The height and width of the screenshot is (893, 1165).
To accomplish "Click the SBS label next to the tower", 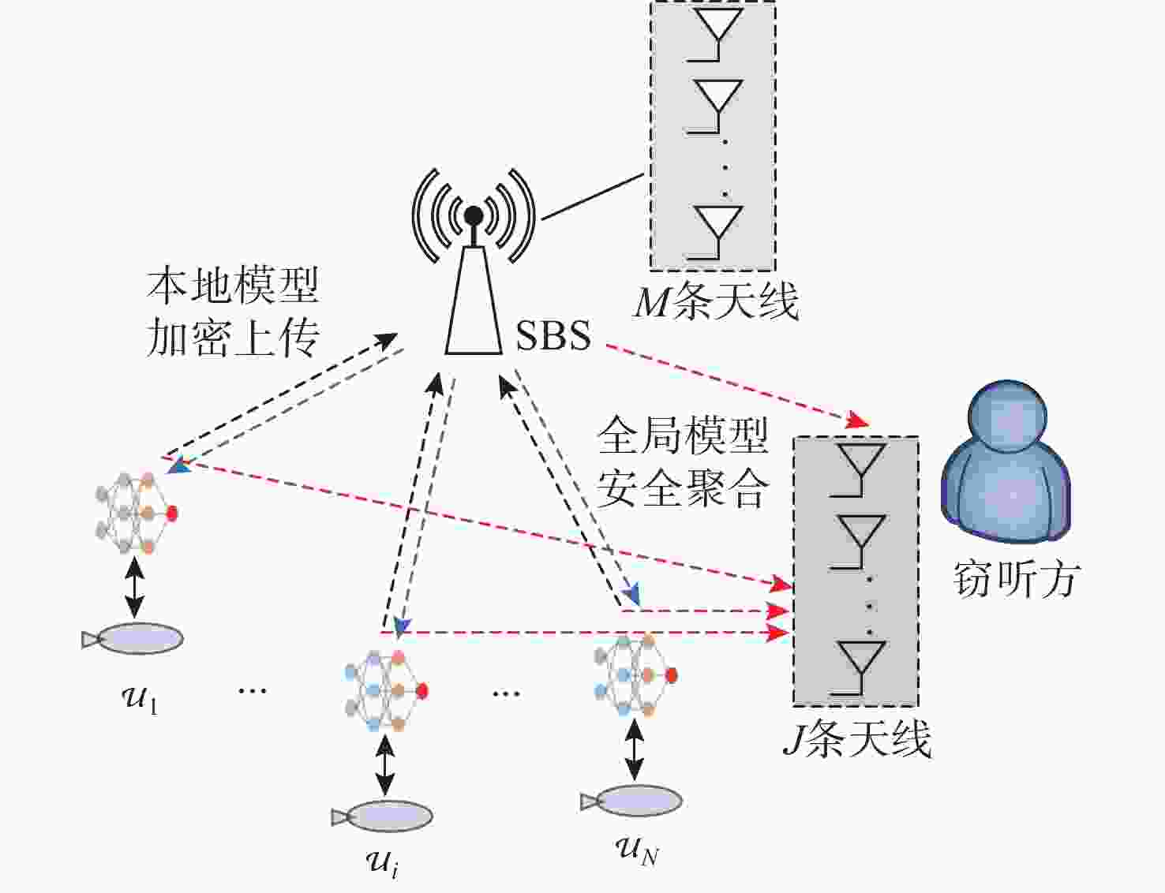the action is [x=553, y=335].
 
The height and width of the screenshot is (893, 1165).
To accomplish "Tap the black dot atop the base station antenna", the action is [x=474, y=215].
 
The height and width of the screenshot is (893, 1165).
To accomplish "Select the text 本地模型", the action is [x=233, y=285].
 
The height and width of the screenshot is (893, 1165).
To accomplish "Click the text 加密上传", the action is [x=233, y=338].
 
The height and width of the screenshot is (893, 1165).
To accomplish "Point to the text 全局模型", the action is [x=683, y=435].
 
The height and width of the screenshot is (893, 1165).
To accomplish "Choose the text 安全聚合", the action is [x=683, y=488].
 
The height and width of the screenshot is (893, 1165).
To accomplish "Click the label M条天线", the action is [x=716, y=301].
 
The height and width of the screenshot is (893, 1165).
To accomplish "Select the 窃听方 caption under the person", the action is [x=1014, y=579].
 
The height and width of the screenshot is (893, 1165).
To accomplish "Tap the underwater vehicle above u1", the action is [x=133, y=638].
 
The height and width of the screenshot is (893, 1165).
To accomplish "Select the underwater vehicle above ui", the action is [x=382, y=816].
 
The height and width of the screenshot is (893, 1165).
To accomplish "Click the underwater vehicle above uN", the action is [x=631, y=801].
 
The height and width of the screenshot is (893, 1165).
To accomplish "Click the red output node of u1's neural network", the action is [x=171, y=513].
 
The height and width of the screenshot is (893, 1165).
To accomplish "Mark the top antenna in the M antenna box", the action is [x=717, y=35].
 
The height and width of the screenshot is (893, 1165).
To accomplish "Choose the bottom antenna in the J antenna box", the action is [x=859, y=667].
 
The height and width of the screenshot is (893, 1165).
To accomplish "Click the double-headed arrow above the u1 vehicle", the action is [x=134, y=587].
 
